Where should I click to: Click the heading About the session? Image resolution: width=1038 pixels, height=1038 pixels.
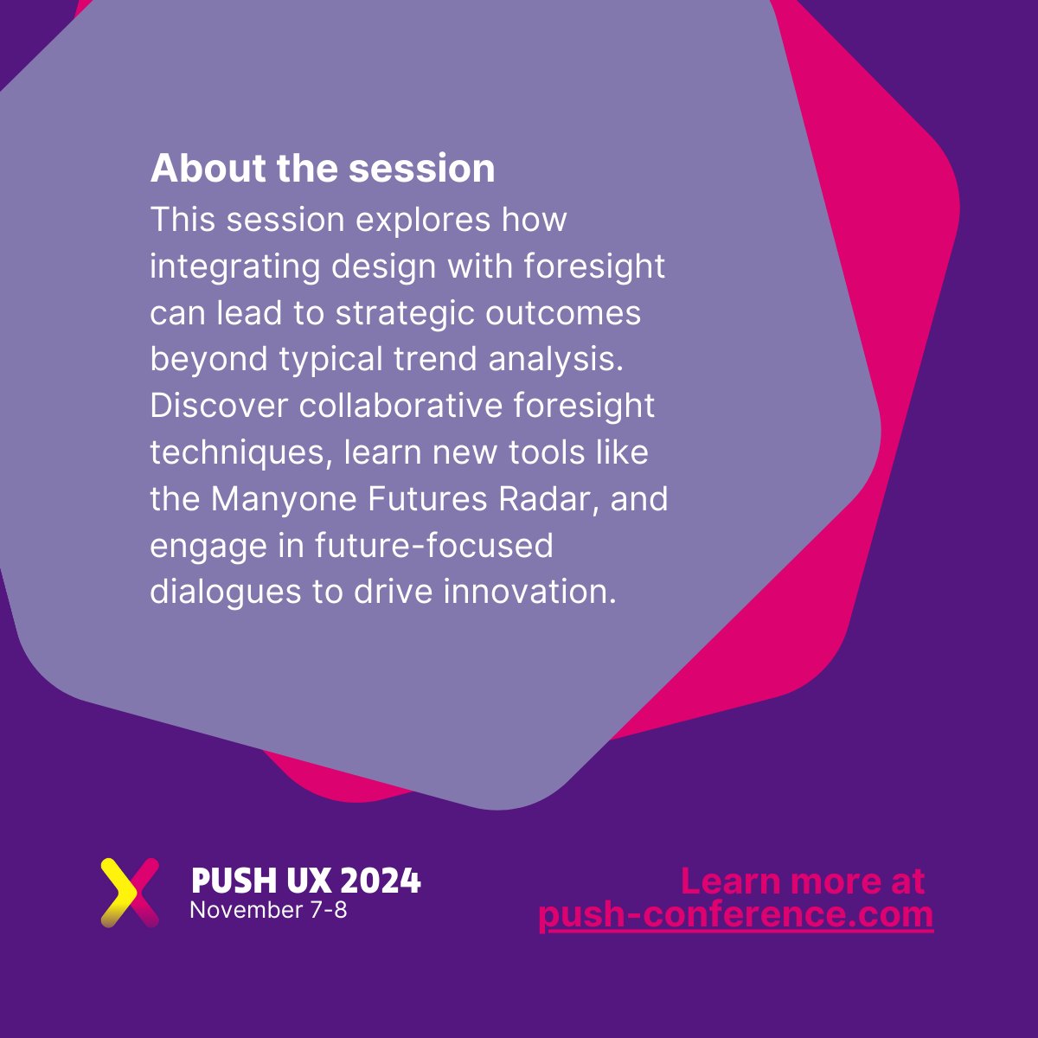pos(323,168)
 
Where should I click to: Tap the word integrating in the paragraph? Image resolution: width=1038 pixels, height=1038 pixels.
pos(234,267)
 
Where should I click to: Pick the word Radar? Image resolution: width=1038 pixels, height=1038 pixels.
pos(554,499)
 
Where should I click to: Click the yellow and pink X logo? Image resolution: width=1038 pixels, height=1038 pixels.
pos(130,892)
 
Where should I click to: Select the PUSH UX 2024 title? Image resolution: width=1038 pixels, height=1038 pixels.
pos(305,881)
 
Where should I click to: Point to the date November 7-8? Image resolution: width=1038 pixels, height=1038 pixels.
pos(268,910)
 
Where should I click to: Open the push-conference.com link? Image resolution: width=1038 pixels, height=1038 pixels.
pos(735,915)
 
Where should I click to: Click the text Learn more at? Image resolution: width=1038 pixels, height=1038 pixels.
pos(802,881)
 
